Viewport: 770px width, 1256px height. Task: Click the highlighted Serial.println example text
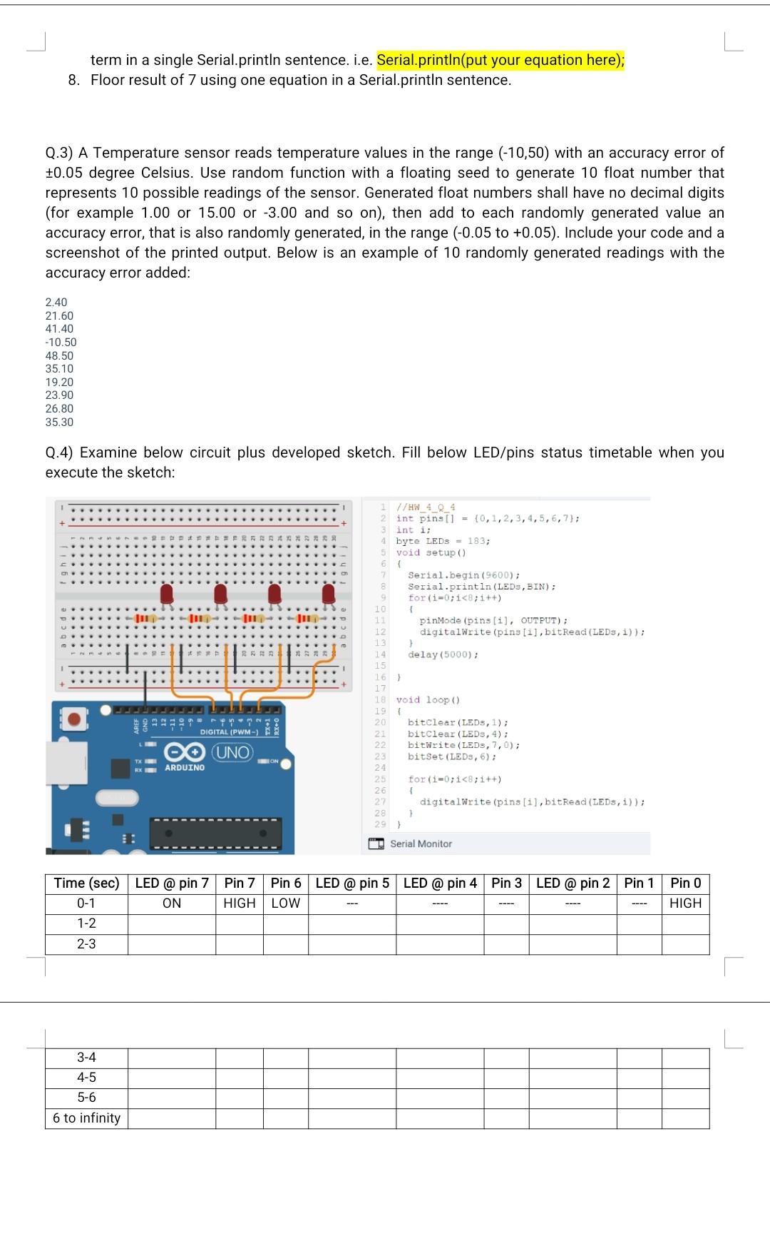(500, 60)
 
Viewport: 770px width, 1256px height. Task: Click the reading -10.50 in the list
(61, 342)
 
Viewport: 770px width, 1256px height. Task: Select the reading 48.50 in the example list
(59, 355)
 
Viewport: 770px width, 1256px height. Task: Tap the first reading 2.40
(56, 302)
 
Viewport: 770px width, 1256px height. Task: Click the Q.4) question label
(60, 452)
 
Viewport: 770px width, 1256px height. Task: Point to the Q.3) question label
(60, 153)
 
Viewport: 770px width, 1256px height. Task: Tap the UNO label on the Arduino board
(233, 752)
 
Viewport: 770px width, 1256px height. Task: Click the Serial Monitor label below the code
(421, 844)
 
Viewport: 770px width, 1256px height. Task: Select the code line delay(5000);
(443, 654)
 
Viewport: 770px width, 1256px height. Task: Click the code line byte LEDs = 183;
(443, 541)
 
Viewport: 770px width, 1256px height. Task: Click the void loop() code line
(428, 700)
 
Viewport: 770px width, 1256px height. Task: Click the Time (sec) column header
(86, 883)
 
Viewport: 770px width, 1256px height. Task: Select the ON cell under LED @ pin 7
(172, 903)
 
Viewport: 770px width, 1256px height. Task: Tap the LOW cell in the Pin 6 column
(285, 903)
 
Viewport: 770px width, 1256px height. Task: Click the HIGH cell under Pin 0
(685, 903)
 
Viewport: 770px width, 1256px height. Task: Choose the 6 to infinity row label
(86, 1118)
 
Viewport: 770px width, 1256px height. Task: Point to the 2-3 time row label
(86, 943)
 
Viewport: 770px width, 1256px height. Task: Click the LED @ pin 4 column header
(440, 883)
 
